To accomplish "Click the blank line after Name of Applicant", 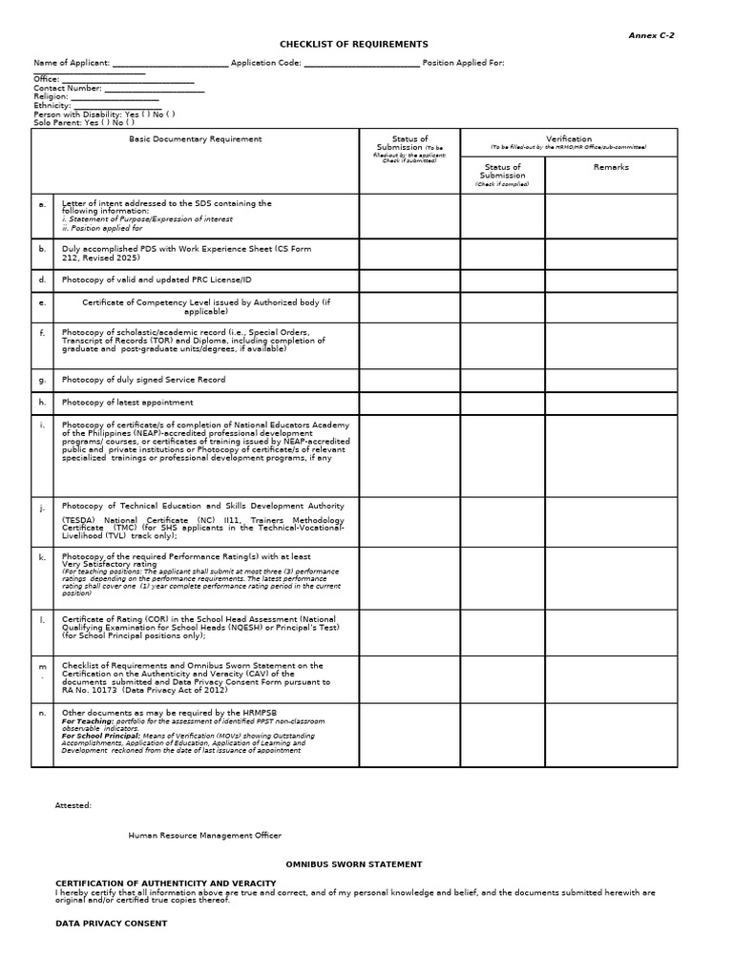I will point(170,64).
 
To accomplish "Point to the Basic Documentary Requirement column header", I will point(195,139).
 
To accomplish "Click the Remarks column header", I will point(611,167).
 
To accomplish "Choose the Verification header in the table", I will point(569,139).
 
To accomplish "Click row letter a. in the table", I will point(42,204).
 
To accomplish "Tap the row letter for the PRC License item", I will point(42,280).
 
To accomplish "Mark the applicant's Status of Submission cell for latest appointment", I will point(409,403).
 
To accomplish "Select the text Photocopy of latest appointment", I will point(127,403).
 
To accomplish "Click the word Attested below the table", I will point(73,805).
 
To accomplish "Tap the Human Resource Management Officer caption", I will point(205,836).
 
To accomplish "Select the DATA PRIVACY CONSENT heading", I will point(111,924).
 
